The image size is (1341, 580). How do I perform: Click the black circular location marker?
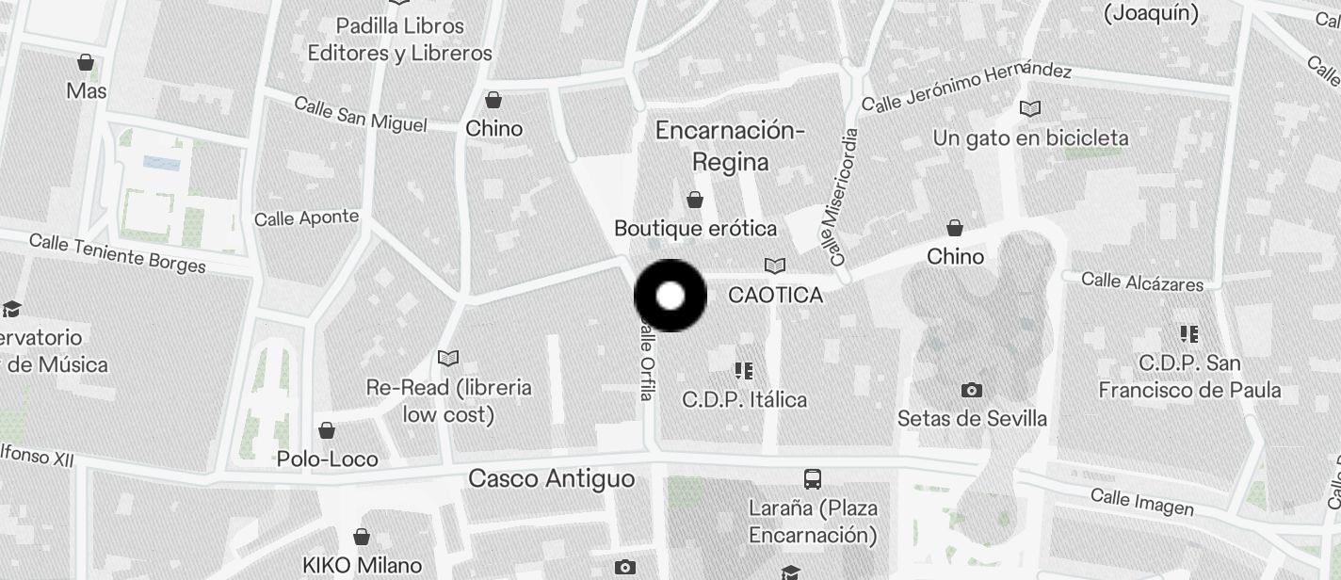point(670,296)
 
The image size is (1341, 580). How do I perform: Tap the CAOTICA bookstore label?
point(776,295)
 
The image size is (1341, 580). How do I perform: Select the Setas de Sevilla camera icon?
point(971,390)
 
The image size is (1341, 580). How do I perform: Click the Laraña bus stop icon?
point(813,478)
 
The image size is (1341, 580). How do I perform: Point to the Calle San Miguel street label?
point(360,114)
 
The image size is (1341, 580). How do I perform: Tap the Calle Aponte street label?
point(306,218)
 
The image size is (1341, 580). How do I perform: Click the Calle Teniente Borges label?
point(117,251)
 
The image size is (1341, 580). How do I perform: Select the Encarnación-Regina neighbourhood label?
point(730,145)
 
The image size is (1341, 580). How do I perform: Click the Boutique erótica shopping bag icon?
point(695,200)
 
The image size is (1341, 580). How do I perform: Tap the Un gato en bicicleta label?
point(1030,138)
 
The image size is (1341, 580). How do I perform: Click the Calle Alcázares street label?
point(1141,282)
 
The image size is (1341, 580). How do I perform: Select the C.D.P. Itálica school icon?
point(744,371)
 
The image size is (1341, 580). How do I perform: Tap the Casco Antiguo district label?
point(552,478)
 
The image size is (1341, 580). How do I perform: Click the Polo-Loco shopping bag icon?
point(327,430)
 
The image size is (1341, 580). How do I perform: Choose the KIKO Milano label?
point(362,566)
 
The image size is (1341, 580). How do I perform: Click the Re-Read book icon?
point(448,358)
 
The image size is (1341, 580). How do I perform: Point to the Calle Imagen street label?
point(1141,502)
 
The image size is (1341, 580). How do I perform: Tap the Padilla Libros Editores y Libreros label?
point(399,39)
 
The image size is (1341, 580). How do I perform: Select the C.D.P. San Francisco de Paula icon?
point(1189,334)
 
